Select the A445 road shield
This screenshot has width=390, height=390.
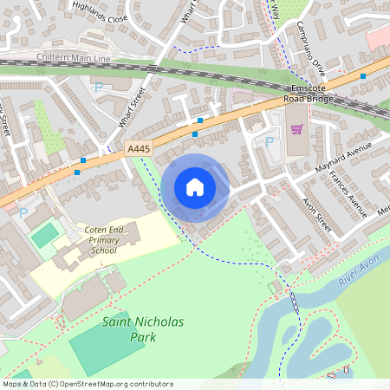[137, 149]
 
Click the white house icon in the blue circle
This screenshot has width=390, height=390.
[194, 187]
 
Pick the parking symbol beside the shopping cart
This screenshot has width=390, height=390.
[270, 140]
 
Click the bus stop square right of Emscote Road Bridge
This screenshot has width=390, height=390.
[362, 76]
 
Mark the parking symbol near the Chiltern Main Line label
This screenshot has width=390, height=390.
[98, 88]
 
